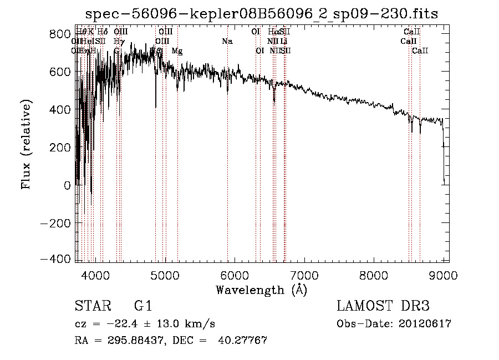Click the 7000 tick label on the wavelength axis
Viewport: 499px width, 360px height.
[x=304, y=275]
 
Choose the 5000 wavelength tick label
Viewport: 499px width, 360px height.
[x=165, y=275]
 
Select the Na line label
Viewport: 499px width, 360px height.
[x=227, y=41]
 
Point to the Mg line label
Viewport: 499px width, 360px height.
[x=177, y=51]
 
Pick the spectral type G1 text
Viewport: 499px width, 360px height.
[x=142, y=306]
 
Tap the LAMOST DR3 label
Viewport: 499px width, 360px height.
[x=383, y=306]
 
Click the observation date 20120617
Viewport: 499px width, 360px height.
[x=425, y=323]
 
